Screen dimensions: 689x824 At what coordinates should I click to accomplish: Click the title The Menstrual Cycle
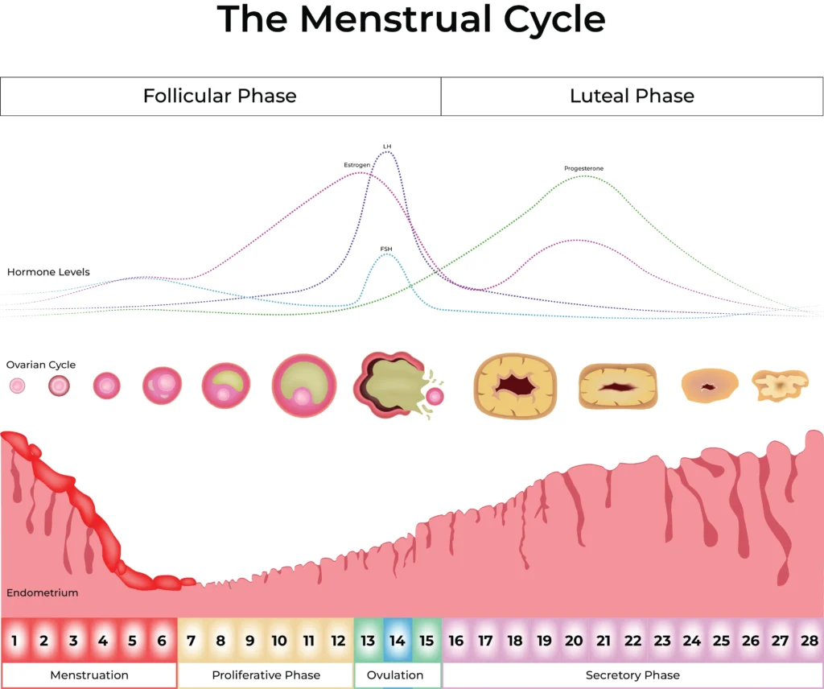point(411,20)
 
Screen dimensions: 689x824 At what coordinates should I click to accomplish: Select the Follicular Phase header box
point(220,97)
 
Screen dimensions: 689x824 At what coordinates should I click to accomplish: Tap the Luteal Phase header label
point(632,97)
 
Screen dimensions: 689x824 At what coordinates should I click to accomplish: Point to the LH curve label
point(387,146)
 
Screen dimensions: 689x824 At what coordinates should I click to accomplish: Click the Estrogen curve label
point(357,165)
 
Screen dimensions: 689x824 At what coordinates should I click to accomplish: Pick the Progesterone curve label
point(583,168)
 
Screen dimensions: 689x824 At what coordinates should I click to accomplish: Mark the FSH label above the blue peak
point(387,249)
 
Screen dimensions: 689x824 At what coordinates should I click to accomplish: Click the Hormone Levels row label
point(48,272)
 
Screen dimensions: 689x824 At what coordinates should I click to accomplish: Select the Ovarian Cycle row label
point(41,365)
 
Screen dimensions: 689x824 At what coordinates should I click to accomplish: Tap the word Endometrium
point(43,593)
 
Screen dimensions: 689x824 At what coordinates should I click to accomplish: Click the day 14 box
point(398,641)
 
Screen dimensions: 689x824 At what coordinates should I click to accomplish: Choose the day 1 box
point(14,641)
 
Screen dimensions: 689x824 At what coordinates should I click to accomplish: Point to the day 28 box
point(809,641)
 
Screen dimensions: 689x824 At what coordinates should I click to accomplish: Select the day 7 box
point(191,641)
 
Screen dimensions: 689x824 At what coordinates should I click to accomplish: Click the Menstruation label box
point(89,675)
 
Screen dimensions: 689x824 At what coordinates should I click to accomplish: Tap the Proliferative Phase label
point(266,675)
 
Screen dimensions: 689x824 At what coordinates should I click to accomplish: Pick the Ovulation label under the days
point(398,675)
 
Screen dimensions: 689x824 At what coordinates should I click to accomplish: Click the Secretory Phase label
point(632,675)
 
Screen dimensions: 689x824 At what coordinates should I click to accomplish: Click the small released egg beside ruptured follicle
point(435,396)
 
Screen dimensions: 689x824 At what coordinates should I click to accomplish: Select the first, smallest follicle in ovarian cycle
point(17,386)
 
